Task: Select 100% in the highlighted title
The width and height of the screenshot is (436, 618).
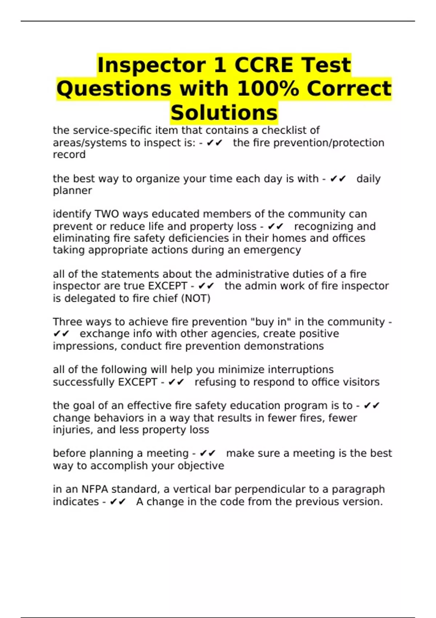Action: pyautogui.click(x=268, y=89)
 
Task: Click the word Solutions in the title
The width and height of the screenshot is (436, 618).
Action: pyautogui.click(x=224, y=112)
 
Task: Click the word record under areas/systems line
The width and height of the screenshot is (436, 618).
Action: pyautogui.click(x=69, y=154)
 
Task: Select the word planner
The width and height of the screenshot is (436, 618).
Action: pyautogui.click(x=72, y=190)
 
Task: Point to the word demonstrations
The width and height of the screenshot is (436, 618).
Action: pyautogui.click(x=284, y=346)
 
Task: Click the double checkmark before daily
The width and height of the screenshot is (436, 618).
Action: pyautogui.click(x=338, y=179)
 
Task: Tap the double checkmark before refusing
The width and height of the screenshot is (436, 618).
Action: pyautogui.click(x=176, y=382)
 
